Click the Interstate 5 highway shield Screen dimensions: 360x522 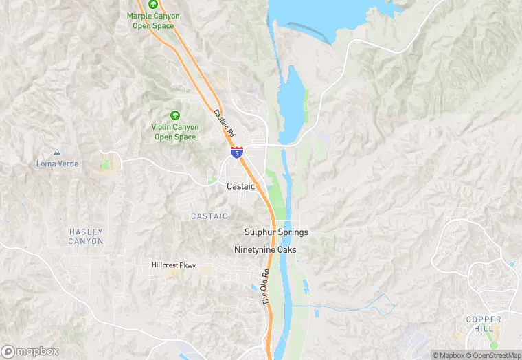pyautogui.click(x=236, y=153)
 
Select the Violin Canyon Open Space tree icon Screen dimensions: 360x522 pyautogui.click(x=174, y=115)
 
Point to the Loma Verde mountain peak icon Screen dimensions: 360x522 pyautogui.click(x=57, y=153)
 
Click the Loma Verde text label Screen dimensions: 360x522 pyautogui.click(x=58, y=164)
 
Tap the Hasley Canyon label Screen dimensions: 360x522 pyautogui.click(x=86, y=236)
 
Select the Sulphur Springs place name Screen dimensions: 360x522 pyautogui.click(x=276, y=232)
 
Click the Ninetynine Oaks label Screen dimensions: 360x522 pyautogui.click(x=265, y=249)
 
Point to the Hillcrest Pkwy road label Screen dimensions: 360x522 pyautogui.click(x=174, y=265)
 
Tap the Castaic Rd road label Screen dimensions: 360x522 pyautogui.click(x=224, y=123)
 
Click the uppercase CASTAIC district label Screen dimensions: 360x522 pyautogui.click(x=209, y=216)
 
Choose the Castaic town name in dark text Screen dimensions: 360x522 pyautogui.click(x=240, y=186)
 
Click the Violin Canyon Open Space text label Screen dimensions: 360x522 pyautogui.click(x=174, y=132)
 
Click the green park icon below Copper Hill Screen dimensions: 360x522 pyautogui.click(x=493, y=345)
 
